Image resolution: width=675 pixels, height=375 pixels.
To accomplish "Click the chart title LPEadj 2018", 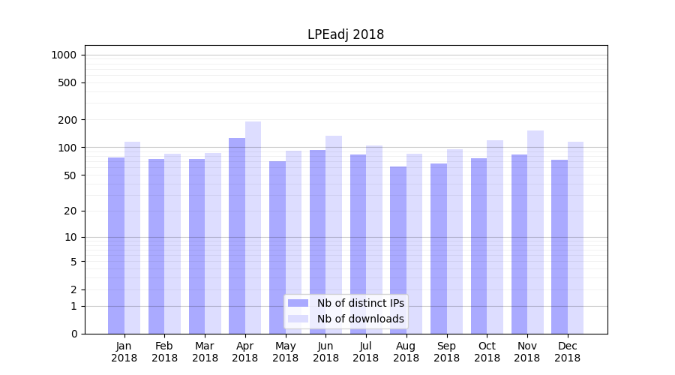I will [x=346, y=34].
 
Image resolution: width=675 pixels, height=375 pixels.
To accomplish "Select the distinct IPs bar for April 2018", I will [x=237, y=235].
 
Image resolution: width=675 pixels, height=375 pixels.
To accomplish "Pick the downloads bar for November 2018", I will [x=535, y=232].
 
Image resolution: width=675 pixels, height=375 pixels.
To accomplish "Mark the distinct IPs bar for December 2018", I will [x=559, y=247].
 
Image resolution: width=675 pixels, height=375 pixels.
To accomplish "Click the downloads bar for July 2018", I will [x=374, y=239].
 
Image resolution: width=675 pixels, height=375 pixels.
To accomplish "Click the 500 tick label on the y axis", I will [x=68, y=82].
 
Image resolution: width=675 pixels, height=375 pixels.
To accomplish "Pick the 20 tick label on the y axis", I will [x=71, y=211].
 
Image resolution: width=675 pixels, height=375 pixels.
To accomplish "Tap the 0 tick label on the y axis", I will [x=73, y=334].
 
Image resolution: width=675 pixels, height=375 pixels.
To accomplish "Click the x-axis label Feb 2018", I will [x=164, y=352].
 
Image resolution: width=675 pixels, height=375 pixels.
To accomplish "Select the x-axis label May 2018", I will [x=286, y=352].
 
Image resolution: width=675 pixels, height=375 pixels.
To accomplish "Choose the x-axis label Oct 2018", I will [x=487, y=352].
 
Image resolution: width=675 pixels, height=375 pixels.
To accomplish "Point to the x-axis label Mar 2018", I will [x=205, y=352].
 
